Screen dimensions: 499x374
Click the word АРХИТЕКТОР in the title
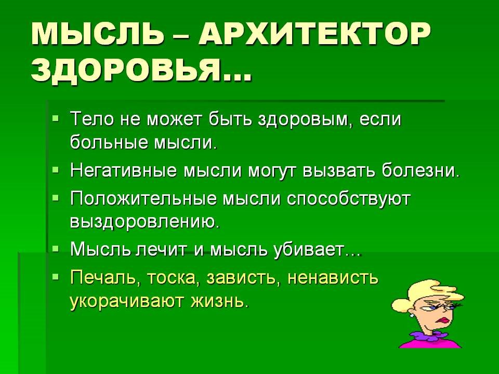(x=314, y=34)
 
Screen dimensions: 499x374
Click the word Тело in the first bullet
(x=92, y=120)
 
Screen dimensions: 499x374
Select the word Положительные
(x=143, y=199)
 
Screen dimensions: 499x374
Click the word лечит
(x=163, y=249)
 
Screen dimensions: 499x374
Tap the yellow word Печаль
(x=103, y=277)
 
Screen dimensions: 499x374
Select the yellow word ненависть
(x=333, y=277)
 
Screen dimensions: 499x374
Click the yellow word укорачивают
(x=127, y=301)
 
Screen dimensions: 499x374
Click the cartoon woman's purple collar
(x=426, y=336)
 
